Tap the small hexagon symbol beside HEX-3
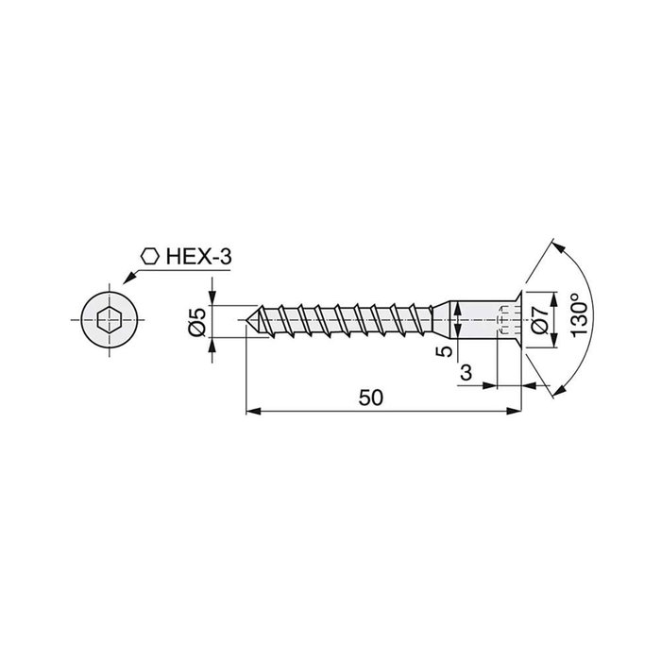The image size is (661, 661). coord(148,256)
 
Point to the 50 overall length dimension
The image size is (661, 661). coord(371,398)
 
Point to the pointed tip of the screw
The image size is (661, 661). coord(249,320)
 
